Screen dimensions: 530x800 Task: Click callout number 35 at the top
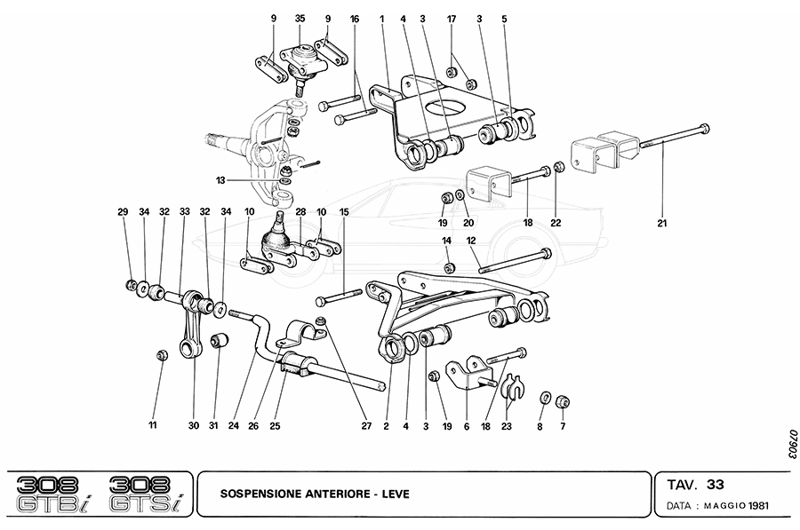pos(300,18)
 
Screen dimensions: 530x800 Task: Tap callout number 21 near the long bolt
pos(662,223)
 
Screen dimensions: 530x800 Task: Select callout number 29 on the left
pos(123,211)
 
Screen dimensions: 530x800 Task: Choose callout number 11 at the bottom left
pos(152,426)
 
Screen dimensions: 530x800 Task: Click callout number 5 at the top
pos(504,18)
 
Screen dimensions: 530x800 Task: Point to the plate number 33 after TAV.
pos(716,486)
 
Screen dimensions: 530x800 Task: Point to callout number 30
pos(194,426)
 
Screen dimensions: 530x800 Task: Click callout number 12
pos(471,241)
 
